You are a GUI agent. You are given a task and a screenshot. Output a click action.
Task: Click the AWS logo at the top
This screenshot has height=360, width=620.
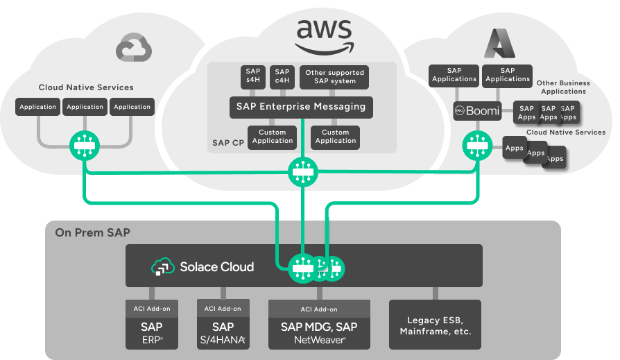324,35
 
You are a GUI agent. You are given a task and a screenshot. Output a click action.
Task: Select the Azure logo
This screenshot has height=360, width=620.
497,44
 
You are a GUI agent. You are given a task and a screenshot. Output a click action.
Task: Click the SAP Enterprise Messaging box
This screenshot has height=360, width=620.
301,107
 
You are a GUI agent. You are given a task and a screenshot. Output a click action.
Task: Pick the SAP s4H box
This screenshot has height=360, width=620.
252,76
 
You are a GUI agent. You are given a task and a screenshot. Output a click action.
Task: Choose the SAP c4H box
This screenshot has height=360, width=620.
282,76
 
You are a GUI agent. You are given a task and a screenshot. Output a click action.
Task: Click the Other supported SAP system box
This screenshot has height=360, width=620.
334,77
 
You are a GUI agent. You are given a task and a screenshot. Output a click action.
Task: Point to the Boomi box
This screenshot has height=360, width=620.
477,110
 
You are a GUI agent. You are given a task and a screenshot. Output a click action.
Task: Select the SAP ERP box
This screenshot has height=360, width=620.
152,332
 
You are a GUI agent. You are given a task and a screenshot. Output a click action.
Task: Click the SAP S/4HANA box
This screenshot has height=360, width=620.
223,332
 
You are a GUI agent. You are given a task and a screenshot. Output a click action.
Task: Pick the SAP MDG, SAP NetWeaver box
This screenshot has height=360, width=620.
319,332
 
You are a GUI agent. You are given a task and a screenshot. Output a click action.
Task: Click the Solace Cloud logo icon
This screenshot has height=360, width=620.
162,267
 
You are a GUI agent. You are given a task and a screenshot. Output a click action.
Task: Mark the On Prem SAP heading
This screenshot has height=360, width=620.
92,232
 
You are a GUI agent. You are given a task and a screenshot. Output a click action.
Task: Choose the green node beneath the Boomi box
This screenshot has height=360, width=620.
476,146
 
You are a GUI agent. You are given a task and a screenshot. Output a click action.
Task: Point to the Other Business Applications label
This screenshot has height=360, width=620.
563,87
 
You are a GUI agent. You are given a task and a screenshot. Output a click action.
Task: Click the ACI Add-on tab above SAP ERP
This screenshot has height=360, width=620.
152,309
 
